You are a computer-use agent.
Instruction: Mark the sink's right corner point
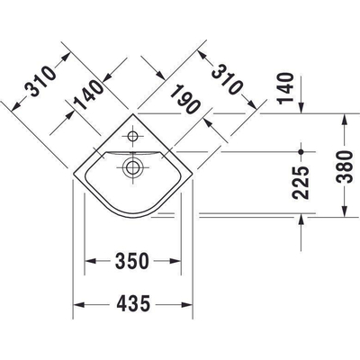click(193, 174)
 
